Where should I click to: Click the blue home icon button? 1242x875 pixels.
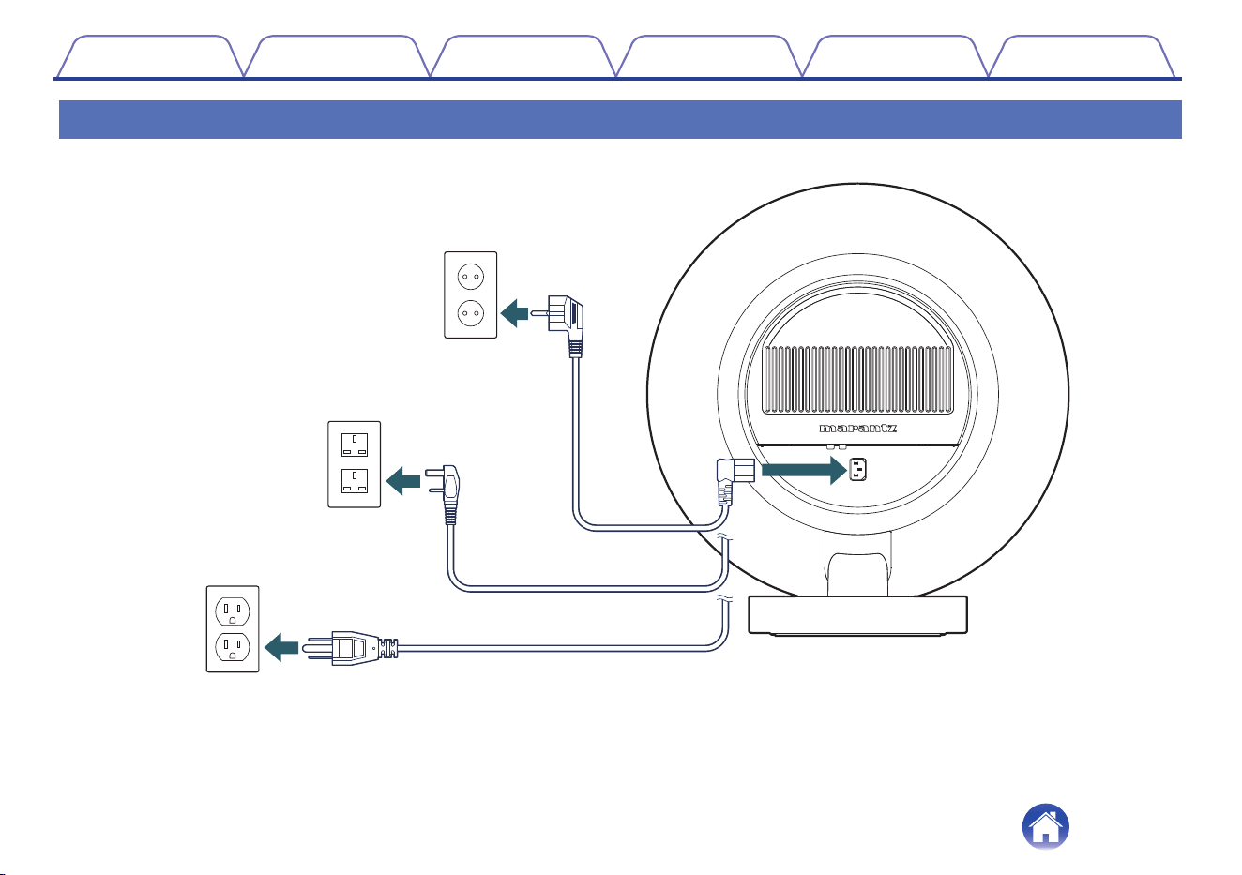1045,827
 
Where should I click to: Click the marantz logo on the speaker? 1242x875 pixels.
857,428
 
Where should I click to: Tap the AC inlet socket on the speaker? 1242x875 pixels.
857,470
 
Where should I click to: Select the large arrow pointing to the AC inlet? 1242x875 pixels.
804,470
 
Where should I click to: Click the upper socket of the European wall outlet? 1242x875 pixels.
470,276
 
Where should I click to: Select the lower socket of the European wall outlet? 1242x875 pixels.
470,313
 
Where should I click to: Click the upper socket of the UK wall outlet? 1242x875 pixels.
355,445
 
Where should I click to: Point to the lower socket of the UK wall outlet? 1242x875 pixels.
355,481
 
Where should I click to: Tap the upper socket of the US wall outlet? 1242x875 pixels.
233,611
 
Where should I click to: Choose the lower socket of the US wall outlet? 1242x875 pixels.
233,647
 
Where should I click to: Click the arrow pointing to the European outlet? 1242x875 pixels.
514,313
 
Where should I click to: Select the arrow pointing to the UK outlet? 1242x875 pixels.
402,481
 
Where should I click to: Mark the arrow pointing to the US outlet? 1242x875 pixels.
281,647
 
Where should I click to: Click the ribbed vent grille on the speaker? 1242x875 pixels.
857,380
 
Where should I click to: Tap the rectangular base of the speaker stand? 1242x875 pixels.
857,615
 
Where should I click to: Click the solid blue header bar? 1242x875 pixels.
620,119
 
